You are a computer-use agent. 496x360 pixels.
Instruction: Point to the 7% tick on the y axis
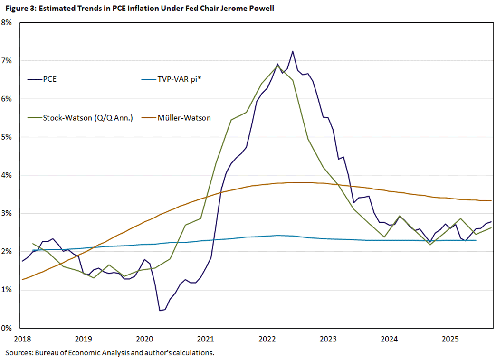[11, 61]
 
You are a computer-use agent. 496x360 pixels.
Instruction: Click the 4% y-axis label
[11, 175]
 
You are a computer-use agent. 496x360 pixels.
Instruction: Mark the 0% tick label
[11, 328]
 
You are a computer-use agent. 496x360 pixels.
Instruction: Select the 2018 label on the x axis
[22, 339]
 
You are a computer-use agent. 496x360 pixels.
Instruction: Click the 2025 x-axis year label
[450, 339]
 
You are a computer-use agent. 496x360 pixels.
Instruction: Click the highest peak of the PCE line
[293, 51]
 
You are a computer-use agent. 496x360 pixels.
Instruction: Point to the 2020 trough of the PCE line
[160, 311]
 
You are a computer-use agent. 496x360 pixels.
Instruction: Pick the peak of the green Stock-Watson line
[277, 66]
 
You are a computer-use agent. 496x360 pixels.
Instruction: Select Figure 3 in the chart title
[18, 8]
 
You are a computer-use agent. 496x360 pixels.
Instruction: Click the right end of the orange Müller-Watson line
[491, 200]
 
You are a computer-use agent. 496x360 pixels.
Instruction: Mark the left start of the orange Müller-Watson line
[22, 279]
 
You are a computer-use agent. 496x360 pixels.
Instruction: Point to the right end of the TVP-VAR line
[476, 240]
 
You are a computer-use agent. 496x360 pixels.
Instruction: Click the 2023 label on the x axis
[328, 339]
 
